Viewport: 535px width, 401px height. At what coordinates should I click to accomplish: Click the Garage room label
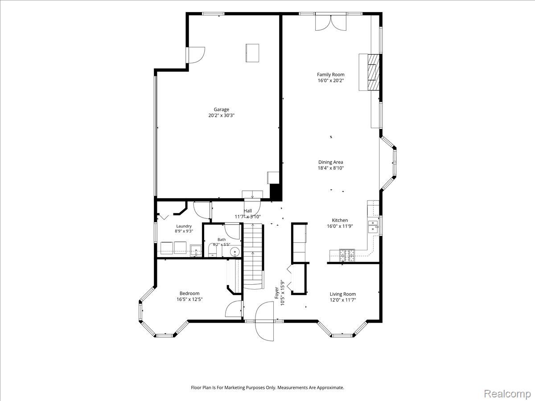tap(221, 110)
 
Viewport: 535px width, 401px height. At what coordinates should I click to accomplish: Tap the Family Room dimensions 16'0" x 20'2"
tap(331, 81)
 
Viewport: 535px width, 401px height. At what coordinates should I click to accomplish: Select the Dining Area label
tap(331, 162)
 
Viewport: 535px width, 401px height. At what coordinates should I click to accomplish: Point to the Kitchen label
tap(340, 220)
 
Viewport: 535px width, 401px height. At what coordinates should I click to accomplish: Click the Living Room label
tap(343, 294)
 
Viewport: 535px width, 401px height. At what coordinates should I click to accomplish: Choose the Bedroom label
tap(189, 293)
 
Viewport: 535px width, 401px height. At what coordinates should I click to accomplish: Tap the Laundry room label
tap(184, 226)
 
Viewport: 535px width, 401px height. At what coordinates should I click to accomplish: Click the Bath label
tap(222, 240)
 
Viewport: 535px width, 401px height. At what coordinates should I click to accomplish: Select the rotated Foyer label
tap(277, 293)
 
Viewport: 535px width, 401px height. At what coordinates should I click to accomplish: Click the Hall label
tap(248, 211)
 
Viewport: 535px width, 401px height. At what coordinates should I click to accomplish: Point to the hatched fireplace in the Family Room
tap(374, 72)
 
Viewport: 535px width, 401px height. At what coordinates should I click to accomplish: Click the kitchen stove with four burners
tap(347, 255)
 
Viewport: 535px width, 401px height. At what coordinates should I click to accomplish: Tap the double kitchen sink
tap(373, 227)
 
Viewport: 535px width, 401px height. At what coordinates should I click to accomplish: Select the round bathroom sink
tap(235, 251)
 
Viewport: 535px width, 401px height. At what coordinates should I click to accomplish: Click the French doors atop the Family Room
tap(331, 23)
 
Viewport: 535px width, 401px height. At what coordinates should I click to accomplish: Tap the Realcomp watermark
tap(507, 394)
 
